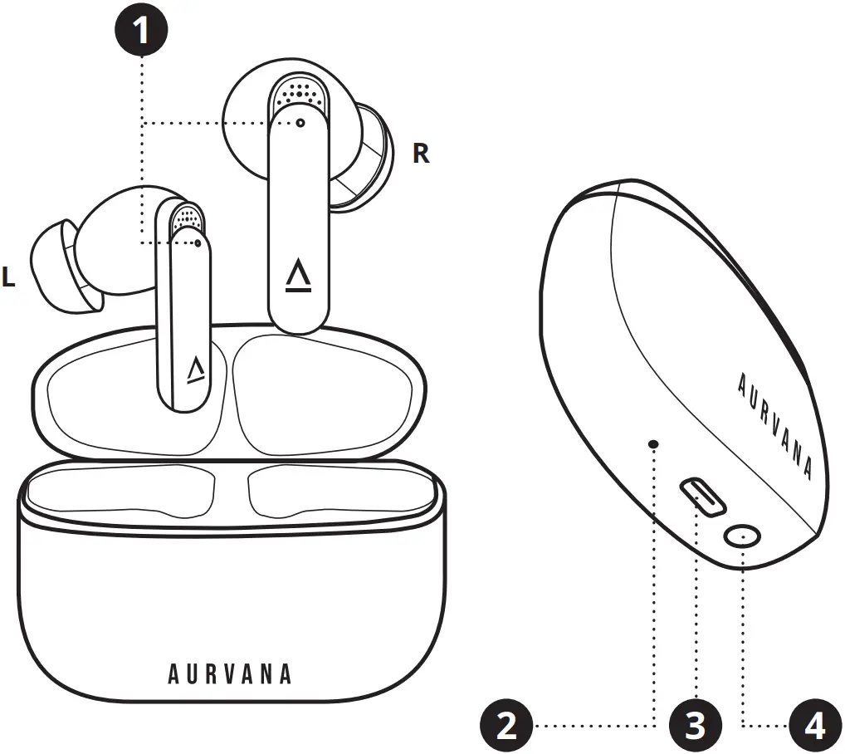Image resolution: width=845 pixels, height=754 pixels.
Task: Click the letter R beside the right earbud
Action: [421, 154]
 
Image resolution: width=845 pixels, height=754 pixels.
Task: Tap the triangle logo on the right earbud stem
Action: [297, 276]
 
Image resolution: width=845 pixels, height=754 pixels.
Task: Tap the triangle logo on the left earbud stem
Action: [196, 370]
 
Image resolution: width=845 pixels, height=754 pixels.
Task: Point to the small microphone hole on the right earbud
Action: [300, 122]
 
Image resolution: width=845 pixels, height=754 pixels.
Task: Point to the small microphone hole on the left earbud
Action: [198, 243]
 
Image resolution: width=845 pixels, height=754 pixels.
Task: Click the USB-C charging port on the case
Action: [703, 496]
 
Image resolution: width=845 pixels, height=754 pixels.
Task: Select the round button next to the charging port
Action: [741, 537]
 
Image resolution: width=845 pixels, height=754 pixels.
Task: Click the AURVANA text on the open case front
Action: [230, 673]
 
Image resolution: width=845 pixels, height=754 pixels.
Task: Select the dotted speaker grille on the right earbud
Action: [298, 92]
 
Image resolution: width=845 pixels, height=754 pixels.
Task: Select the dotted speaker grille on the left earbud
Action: [188, 218]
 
